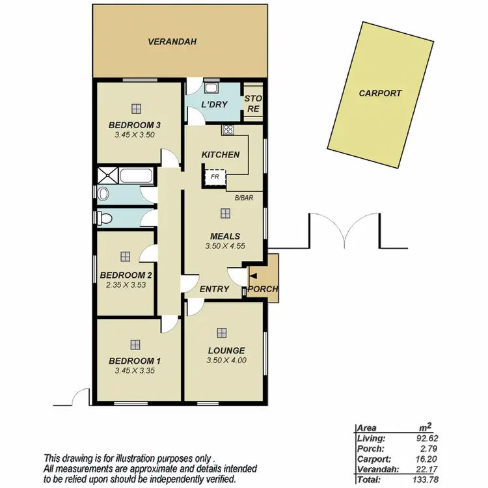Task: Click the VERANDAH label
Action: pyautogui.click(x=172, y=42)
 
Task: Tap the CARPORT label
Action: pyautogui.click(x=381, y=93)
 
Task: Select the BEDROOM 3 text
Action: pyautogui.click(x=135, y=125)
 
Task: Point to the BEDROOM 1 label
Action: pyautogui.click(x=135, y=361)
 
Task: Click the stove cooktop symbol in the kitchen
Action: pyautogui.click(x=228, y=129)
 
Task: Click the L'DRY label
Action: pyautogui.click(x=213, y=105)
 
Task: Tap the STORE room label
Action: pyautogui.click(x=252, y=104)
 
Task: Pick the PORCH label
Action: pyautogui.click(x=264, y=289)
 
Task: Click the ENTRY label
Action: pyautogui.click(x=214, y=289)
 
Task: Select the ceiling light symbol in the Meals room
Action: pyautogui.click(x=225, y=213)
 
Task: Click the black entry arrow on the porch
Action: pyautogui.click(x=253, y=277)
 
